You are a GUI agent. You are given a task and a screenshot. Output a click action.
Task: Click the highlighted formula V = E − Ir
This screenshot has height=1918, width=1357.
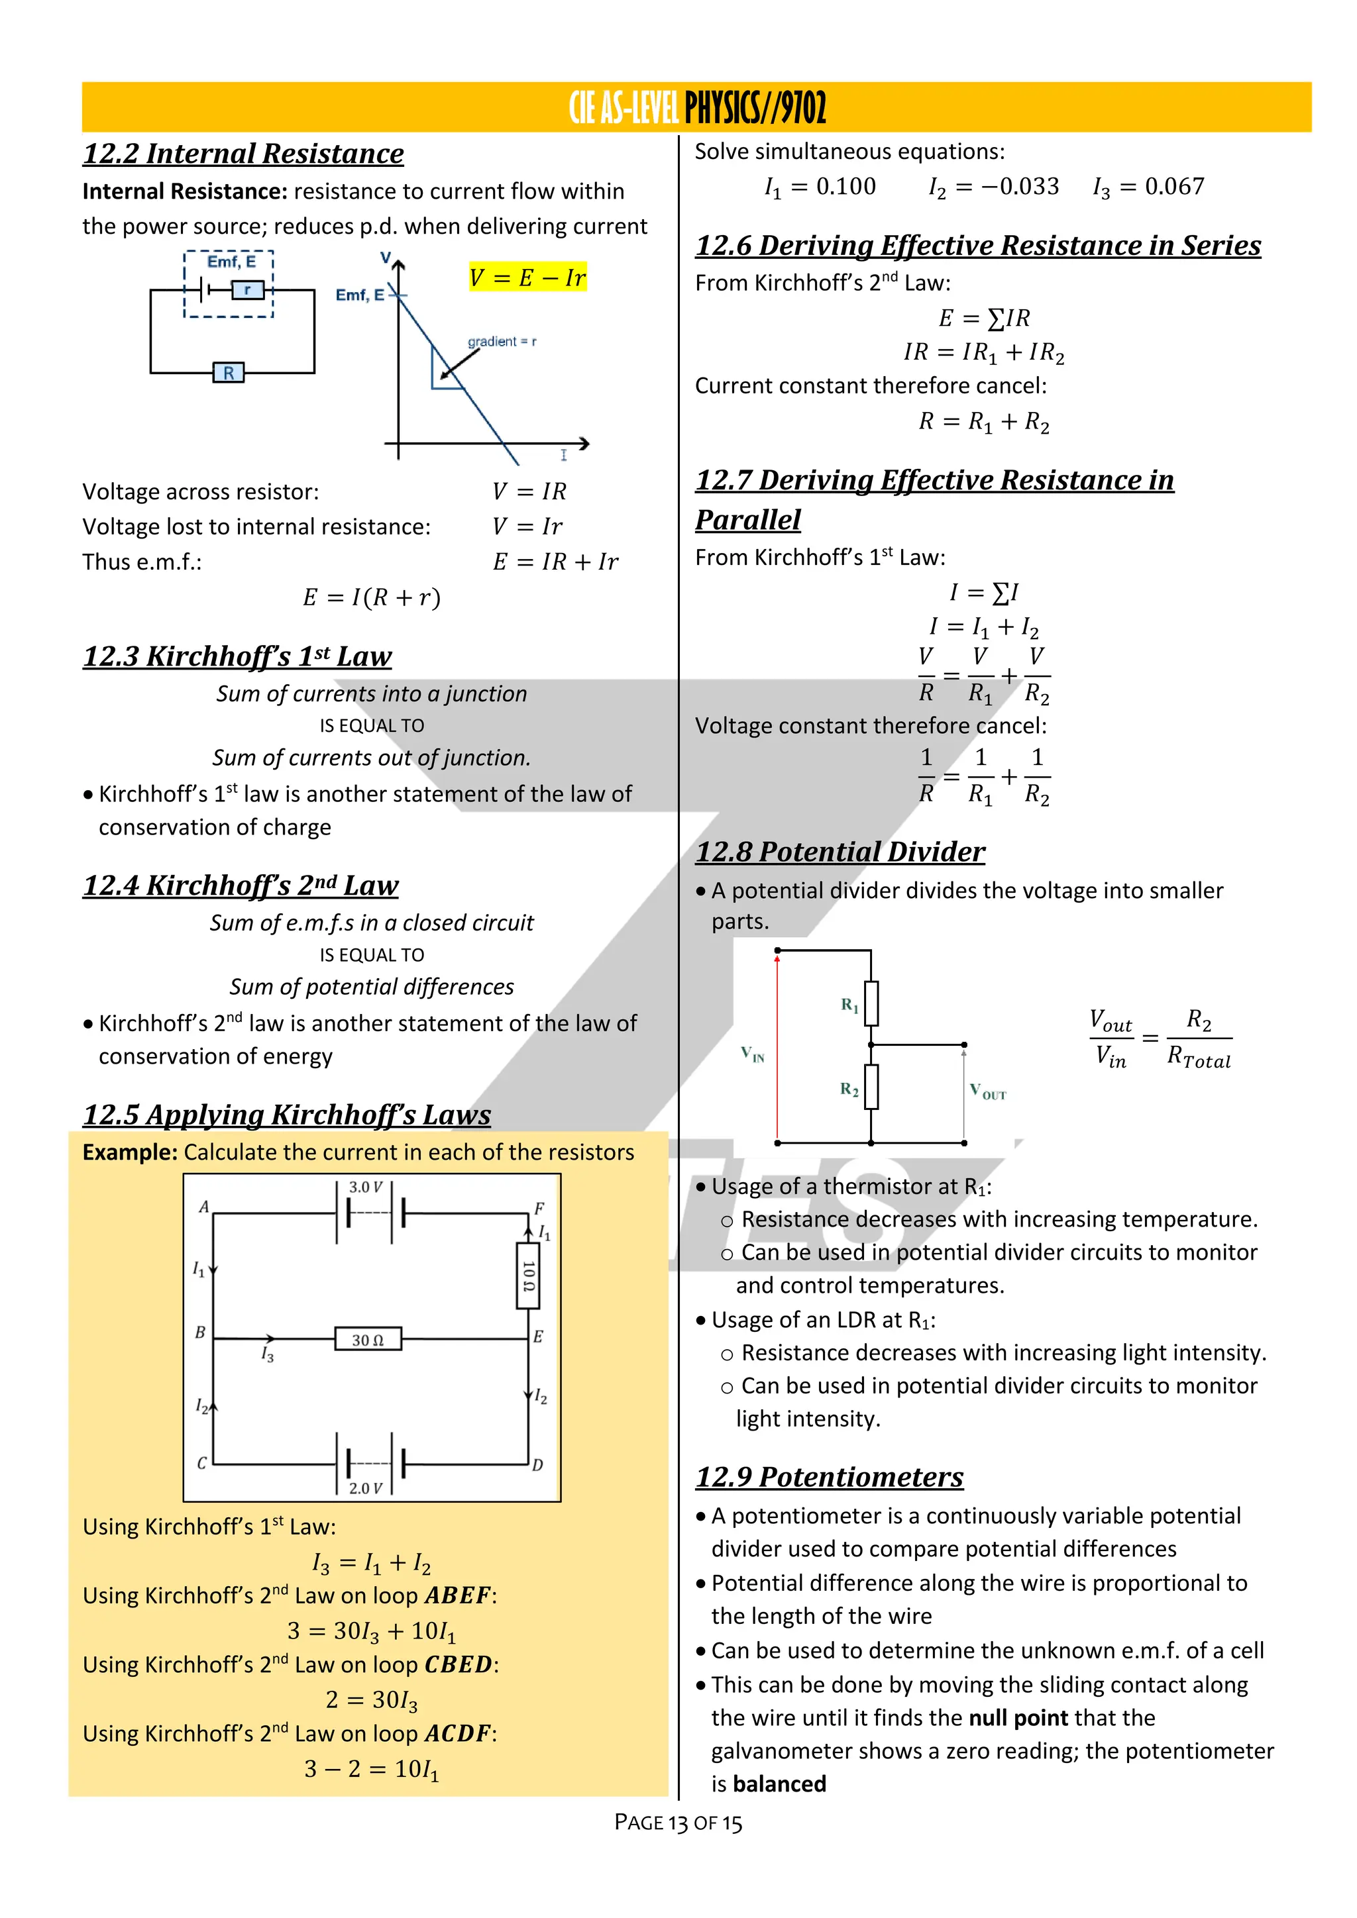(x=527, y=278)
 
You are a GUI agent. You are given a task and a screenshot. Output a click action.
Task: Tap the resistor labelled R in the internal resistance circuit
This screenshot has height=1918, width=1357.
(x=228, y=373)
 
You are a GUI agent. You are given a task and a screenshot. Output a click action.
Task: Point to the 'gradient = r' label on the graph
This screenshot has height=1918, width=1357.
(x=502, y=342)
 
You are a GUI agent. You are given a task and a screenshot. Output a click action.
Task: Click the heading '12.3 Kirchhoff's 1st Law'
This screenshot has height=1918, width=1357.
(x=237, y=656)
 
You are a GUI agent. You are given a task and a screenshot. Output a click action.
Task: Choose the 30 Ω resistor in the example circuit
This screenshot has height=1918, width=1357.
(x=367, y=1339)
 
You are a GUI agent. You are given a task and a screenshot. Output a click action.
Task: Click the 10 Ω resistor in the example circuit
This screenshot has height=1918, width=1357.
(x=528, y=1276)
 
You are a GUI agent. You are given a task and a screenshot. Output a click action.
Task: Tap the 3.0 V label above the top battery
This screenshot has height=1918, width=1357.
(x=365, y=1187)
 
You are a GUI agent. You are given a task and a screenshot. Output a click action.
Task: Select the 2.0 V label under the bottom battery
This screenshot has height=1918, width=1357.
(x=365, y=1488)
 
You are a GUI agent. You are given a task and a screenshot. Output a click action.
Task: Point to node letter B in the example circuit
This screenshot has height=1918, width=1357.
(x=201, y=1333)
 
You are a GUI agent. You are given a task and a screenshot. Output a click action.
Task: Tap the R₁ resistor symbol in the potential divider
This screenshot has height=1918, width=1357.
(x=871, y=1003)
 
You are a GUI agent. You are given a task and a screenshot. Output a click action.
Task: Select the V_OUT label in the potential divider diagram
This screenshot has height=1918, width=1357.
(x=988, y=1092)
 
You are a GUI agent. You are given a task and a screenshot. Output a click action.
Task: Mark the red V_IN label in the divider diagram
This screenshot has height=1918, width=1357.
(x=752, y=1054)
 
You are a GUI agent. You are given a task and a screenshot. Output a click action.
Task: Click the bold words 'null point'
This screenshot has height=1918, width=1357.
(x=1018, y=1719)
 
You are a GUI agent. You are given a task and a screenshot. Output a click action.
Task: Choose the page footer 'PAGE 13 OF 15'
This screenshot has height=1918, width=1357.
(x=678, y=1823)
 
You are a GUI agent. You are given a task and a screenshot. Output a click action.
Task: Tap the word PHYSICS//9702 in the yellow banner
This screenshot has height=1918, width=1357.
(x=755, y=108)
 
